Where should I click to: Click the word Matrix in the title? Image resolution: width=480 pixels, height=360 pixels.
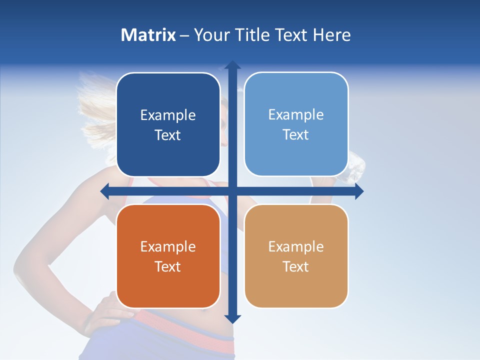pyautogui.click(x=148, y=35)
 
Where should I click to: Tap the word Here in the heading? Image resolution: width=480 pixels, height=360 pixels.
pyautogui.click(x=331, y=35)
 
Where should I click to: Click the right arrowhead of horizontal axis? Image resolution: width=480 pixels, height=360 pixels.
pyautogui.click(x=359, y=191)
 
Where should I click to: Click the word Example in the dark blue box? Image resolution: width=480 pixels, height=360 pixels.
pyautogui.click(x=168, y=115)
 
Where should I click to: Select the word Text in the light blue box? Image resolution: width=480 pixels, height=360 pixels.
pyautogui.click(x=296, y=134)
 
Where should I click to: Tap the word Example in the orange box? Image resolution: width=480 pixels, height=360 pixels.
pyautogui.click(x=168, y=247)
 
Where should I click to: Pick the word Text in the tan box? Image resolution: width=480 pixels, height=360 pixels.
pyautogui.click(x=296, y=266)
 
